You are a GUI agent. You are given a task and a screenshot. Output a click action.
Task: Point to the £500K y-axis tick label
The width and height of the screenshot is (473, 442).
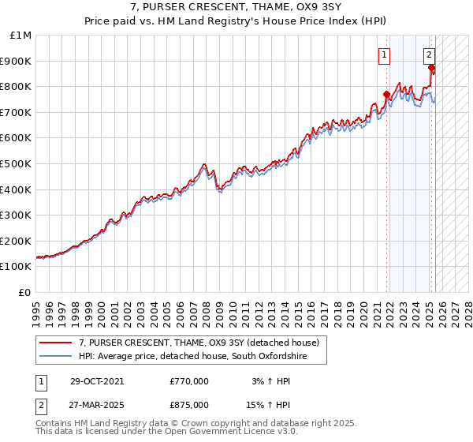click(x=18, y=164)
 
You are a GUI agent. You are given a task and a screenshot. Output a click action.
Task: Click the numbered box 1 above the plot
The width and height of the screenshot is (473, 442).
click(x=384, y=55)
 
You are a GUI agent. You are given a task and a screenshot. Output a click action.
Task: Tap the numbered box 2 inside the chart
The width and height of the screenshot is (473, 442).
click(x=429, y=55)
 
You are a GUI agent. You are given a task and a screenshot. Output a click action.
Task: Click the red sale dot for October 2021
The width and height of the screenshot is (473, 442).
click(x=386, y=95)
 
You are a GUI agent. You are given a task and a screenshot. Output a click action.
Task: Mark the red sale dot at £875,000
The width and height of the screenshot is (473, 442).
click(x=431, y=68)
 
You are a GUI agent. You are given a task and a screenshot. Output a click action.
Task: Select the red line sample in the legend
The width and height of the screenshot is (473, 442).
click(x=55, y=343)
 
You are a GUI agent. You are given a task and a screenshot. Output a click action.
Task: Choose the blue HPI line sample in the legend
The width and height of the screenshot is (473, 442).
click(x=55, y=357)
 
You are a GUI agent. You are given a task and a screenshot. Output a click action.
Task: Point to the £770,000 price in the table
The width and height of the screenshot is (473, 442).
click(x=189, y=381)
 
